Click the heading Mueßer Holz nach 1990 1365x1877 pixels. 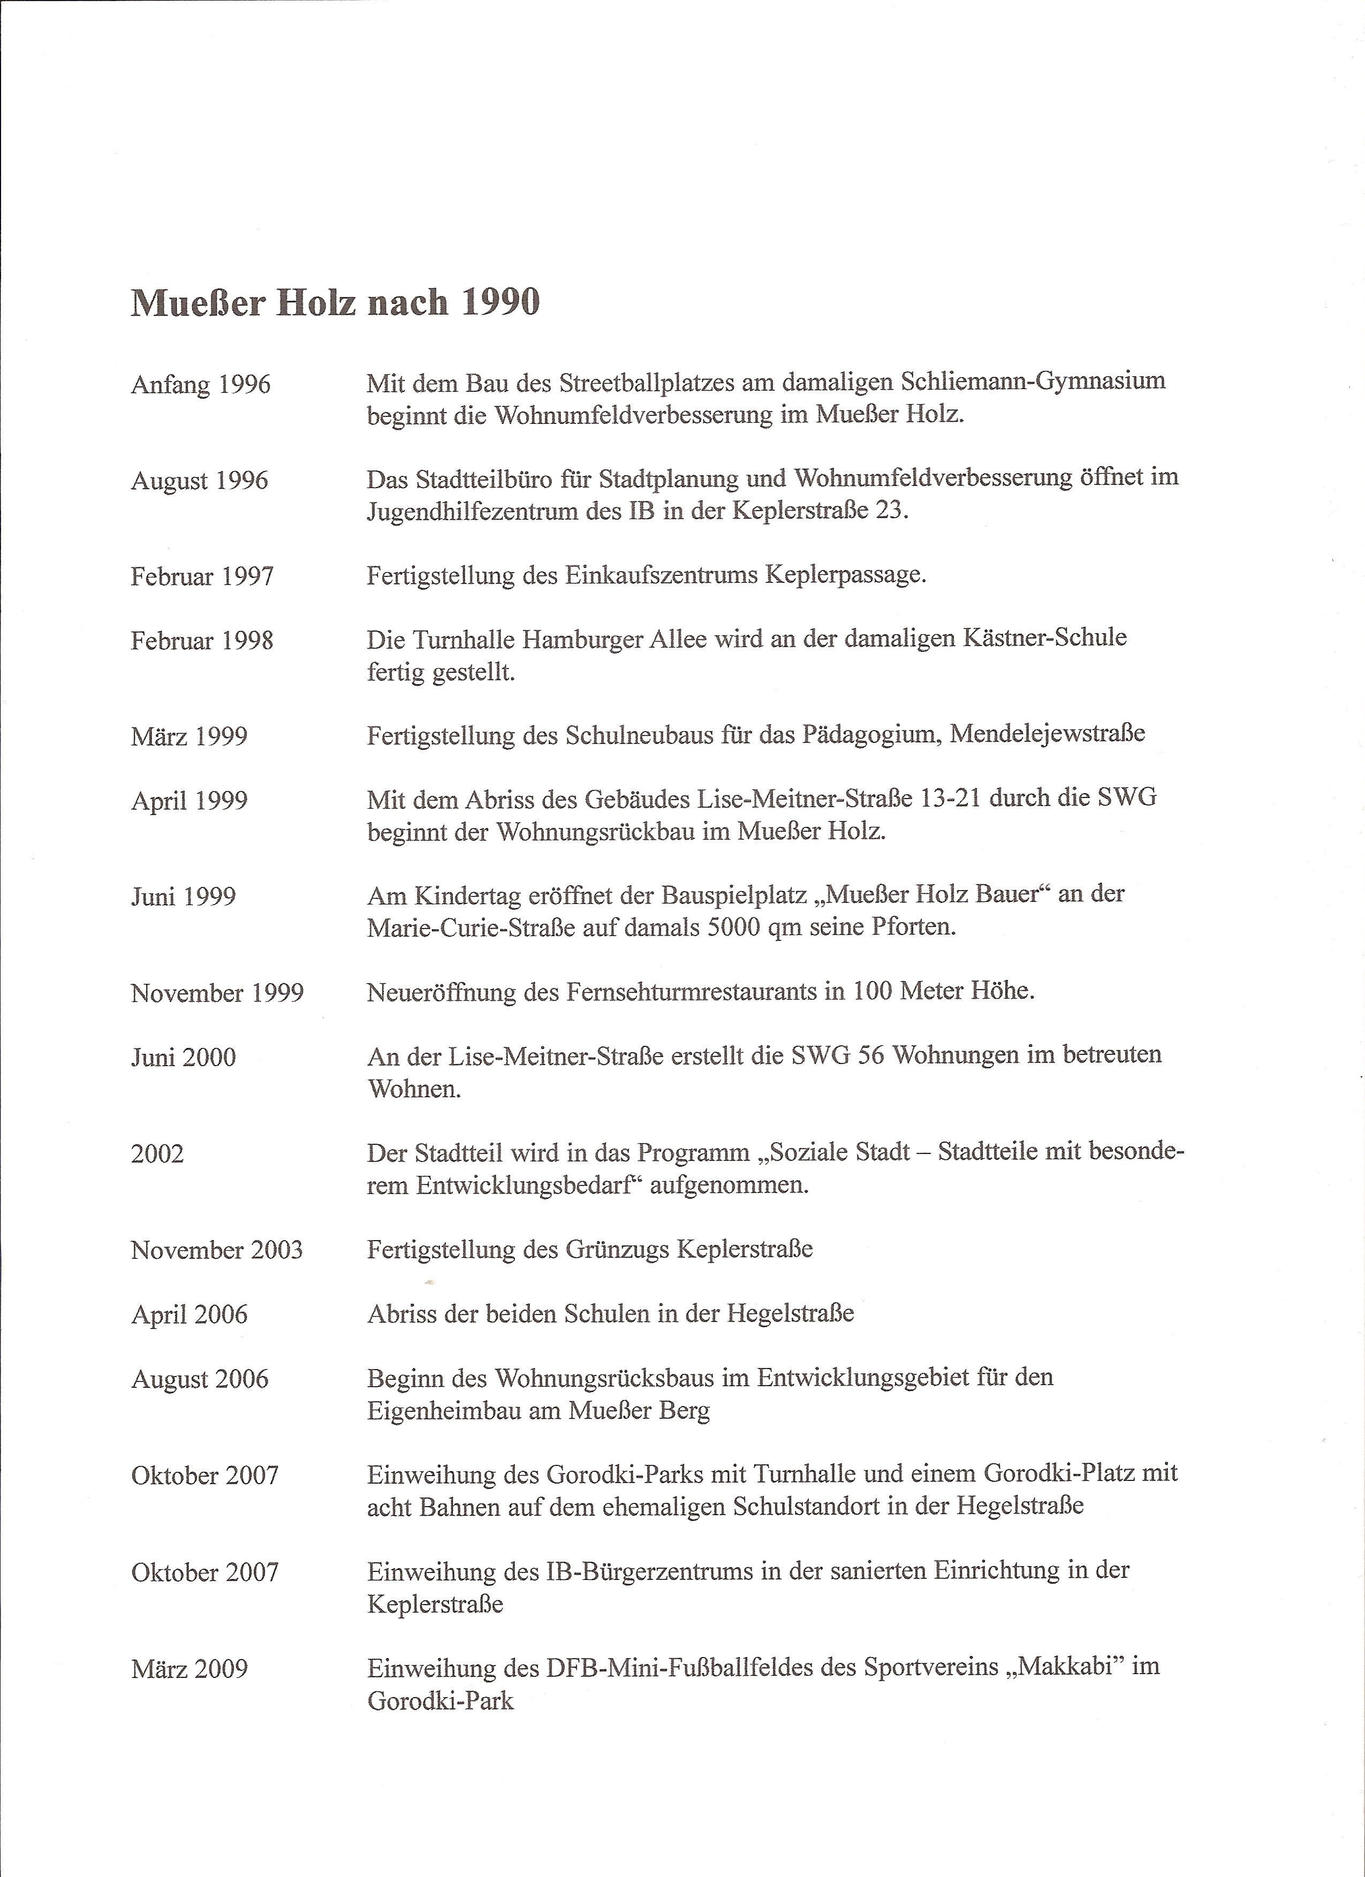point(335,302)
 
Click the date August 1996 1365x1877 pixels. point(200,481)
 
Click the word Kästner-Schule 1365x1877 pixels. point(1045,638)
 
